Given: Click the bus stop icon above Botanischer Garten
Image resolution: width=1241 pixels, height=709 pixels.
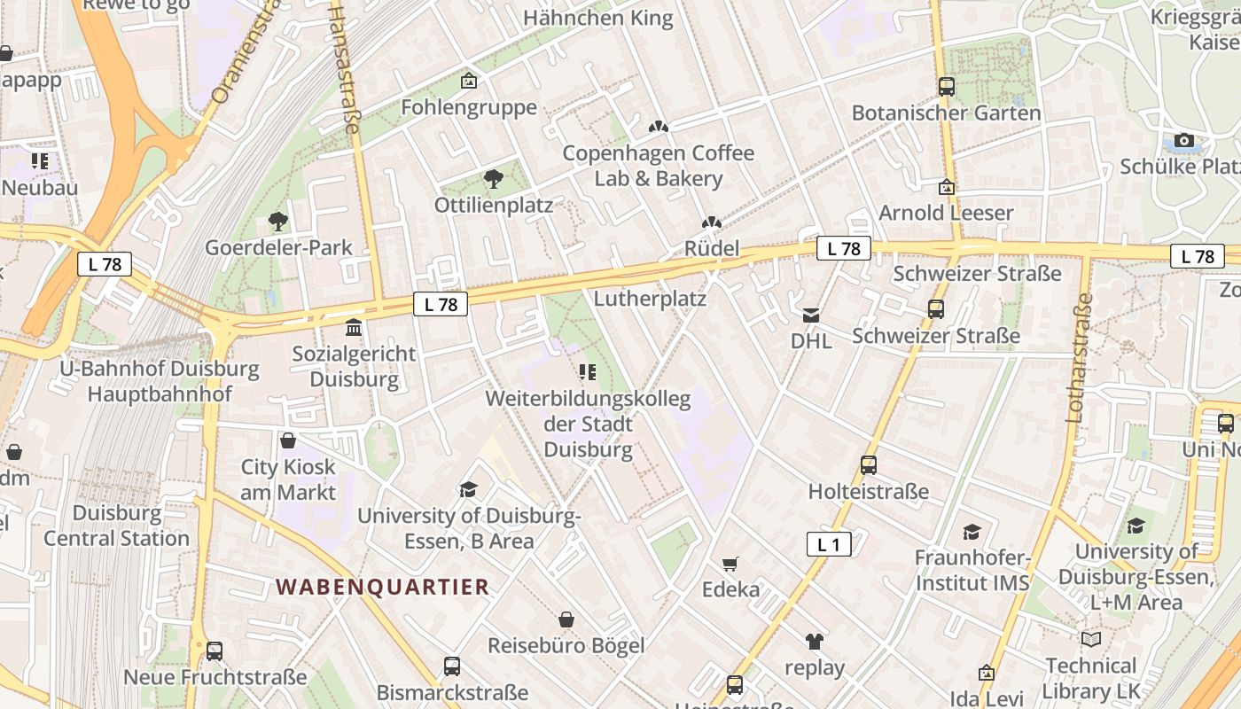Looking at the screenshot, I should [x=947, y=87].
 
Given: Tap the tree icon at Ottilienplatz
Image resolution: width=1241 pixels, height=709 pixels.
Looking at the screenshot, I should [x=493, y=180].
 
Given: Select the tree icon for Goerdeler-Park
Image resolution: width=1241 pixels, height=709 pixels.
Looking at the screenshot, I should [x=278, y=222].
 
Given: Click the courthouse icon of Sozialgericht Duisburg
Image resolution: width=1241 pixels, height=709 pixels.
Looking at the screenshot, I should [x=354, y=328].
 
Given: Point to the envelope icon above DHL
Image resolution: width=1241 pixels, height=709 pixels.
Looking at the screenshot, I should [x=811, y=315].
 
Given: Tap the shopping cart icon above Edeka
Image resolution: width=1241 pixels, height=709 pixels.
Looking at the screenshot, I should [x=730, y=564].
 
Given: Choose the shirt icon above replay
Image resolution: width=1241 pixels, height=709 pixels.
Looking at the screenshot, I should [x=815, y=642].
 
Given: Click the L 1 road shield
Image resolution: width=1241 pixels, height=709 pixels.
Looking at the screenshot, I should [x=829, y=544].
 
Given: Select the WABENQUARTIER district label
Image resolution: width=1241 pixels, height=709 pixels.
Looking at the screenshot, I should [x=382, y=587].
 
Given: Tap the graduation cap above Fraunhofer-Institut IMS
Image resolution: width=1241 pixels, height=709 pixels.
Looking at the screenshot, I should [x=972, y=532].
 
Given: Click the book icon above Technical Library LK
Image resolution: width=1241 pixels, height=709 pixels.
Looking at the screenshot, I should [x=1090, y=639].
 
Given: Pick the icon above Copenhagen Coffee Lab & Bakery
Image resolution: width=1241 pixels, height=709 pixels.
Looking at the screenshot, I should [x=658, y=128].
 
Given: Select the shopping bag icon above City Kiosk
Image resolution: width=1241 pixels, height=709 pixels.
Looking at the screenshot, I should [x=288, y=440].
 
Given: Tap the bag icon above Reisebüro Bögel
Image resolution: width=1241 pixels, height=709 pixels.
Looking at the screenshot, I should [x=566, y=619].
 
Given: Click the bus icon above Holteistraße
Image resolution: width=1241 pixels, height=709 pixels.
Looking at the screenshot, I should [x=869, y=465].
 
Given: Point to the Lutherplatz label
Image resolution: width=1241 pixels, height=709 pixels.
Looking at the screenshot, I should [x=650, y=299].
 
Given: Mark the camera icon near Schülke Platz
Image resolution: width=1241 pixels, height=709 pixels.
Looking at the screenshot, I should [x=1183, y=140].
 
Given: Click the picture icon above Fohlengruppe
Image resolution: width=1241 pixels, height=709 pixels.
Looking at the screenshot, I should [x=469, y=82].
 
